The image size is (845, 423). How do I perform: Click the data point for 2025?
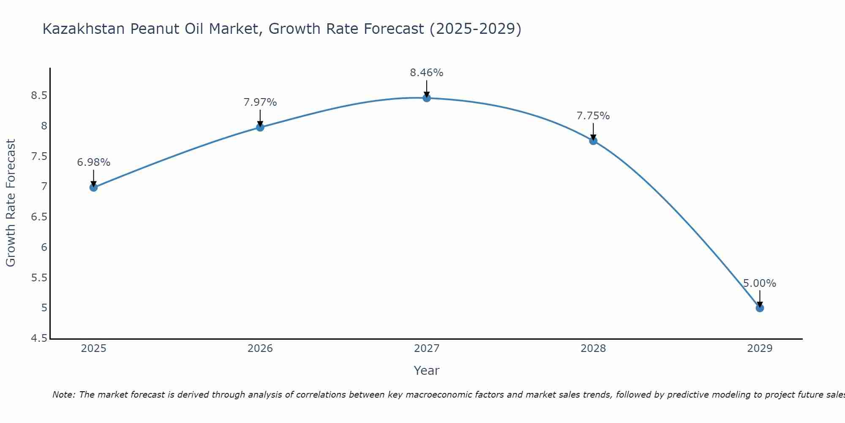pos(93,187)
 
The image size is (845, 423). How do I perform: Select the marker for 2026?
pos(260,127)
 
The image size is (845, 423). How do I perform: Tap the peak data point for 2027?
pos(427,98)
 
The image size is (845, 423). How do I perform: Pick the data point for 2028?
pos(593,141)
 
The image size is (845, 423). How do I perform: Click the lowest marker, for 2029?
pos(760,308)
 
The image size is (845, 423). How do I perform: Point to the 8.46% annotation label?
pos(427,73)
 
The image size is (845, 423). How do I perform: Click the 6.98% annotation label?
pos(93,162)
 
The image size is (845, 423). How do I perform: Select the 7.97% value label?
pos(260,102)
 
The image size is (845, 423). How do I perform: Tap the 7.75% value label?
pos(593,116)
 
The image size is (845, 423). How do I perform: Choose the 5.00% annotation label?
pos(760,283)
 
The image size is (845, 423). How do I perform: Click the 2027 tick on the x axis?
pos(427,349)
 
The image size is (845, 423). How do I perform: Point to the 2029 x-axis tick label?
pos(760,349)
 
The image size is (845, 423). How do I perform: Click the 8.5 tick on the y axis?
pos(39,96)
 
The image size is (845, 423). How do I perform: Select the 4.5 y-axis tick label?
pos(39,338)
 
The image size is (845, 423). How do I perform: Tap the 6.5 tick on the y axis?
pos(39,217)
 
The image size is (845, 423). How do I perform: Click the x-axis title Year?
pos(427,371)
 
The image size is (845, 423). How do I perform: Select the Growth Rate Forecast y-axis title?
pos(11,203)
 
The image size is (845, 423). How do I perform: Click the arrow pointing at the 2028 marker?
pos(593,132)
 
